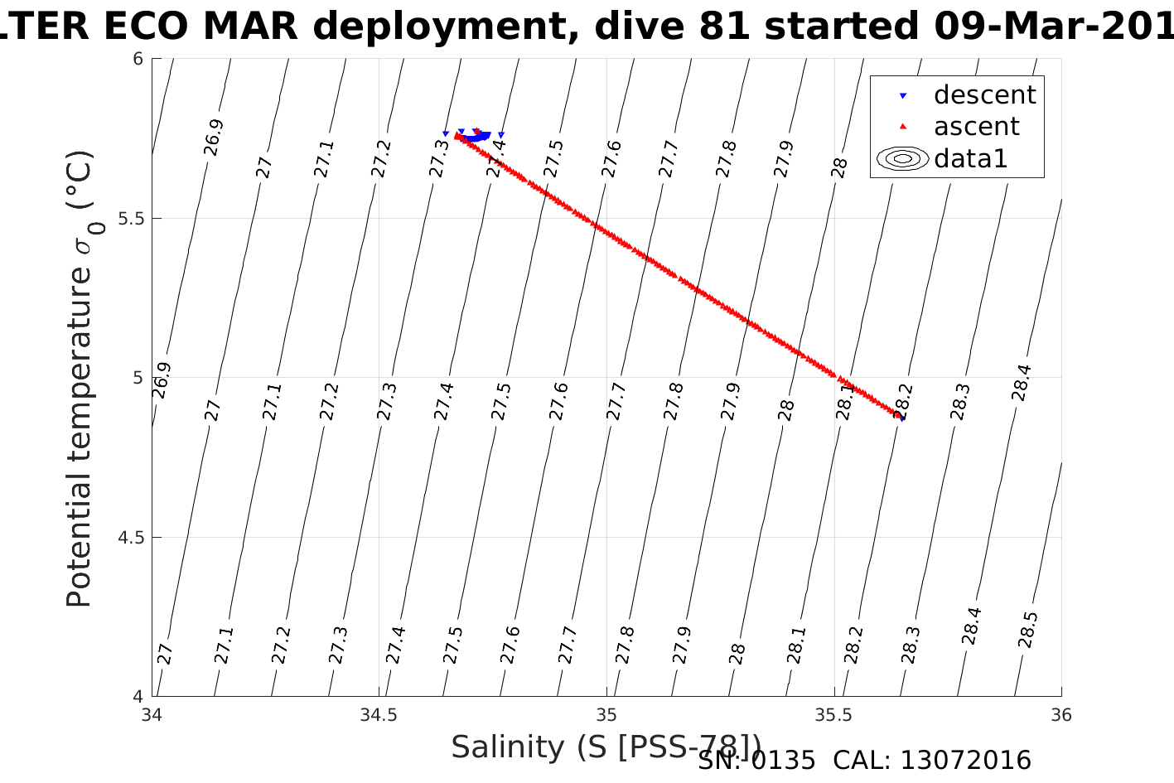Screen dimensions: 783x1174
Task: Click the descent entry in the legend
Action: point(984,95)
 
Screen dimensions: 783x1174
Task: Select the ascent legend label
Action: point(977,127)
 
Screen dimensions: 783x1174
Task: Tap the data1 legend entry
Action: point(970,158)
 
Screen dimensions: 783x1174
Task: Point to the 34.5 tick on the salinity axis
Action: point(379,715)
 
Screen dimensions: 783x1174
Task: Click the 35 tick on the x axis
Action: point(606,715)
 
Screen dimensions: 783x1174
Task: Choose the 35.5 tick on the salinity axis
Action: point(833,715)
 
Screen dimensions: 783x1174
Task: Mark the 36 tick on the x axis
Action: point(1060,715)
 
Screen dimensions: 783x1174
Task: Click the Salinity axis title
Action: point(605,747)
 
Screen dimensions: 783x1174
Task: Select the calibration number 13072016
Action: point(965,761)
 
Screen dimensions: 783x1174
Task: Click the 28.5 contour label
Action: point(1027,631)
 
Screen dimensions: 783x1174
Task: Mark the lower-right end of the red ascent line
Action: point(900,415)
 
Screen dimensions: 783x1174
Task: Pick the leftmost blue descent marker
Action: point(446,133)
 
